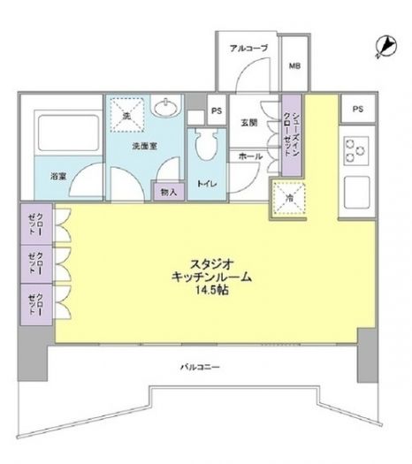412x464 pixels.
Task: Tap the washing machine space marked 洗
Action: [x=126, y=113]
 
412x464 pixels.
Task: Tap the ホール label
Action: [x=248, y=156]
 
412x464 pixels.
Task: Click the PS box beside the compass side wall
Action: [x=357, y=109]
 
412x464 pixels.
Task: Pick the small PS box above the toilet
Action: [x=216, y=112]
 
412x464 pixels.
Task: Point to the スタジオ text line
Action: [x=211, y=262]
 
